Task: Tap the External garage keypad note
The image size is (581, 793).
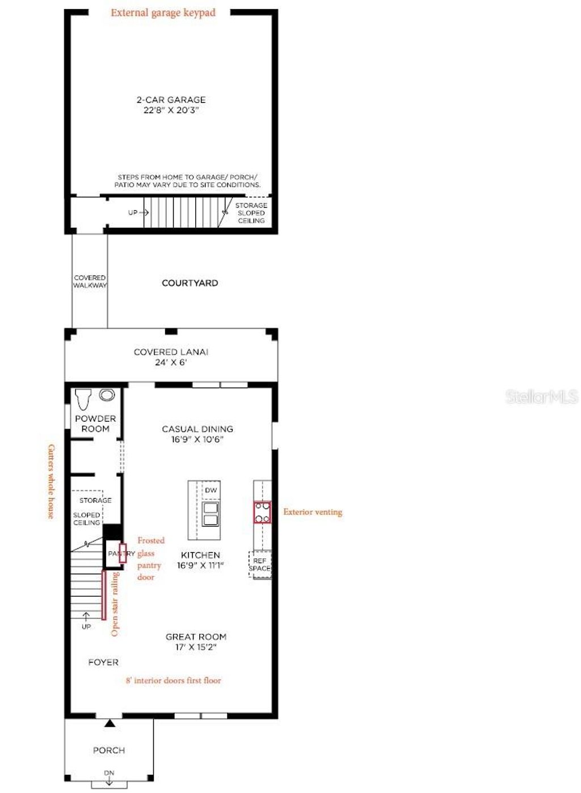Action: click(163, 12)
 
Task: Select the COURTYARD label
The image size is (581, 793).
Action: click(190, 283)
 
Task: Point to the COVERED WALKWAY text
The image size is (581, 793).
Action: click(90, 282)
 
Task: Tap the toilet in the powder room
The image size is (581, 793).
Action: click(83, 399)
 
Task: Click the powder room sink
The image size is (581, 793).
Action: click(107, 395)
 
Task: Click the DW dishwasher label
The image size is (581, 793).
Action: click(210, 490)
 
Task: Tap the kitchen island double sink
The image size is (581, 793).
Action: click(210, 514)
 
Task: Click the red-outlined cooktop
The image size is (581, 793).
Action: click(262, 512)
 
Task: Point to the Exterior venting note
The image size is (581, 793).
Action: click(313, 512)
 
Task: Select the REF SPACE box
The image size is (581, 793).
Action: click(260, 565)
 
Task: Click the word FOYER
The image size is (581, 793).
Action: click(103, 662)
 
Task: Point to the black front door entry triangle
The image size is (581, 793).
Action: click(110, 723)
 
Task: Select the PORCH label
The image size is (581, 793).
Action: click(109, 750)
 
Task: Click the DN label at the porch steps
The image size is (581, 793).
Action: click(109, 773)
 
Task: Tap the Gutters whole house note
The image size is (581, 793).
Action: click(51, 481)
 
